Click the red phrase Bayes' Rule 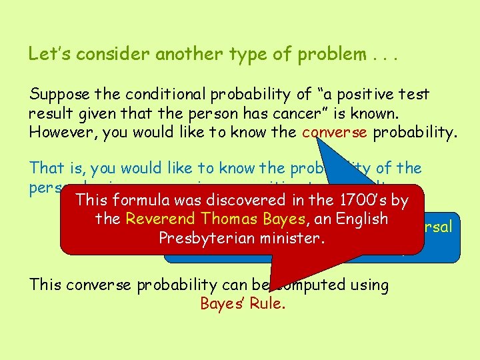click(243, 304)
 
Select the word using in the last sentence click(367, 285)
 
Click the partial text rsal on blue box click(437, 227)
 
